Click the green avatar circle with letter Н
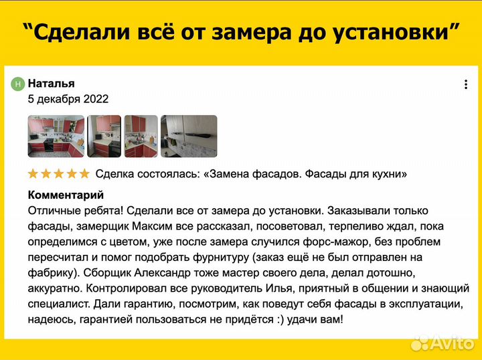coord(18,84)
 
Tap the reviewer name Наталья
coord(51,83)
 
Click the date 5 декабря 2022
coord(68,99)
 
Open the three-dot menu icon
coord(466,84)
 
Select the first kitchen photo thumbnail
coord(55,136)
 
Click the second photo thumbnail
coord(104,136)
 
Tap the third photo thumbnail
coord(141,136)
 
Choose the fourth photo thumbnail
coord(190,136)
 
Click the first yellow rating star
coord(33,174)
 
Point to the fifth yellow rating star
coord(84,174)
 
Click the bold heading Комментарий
coord(66,195)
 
